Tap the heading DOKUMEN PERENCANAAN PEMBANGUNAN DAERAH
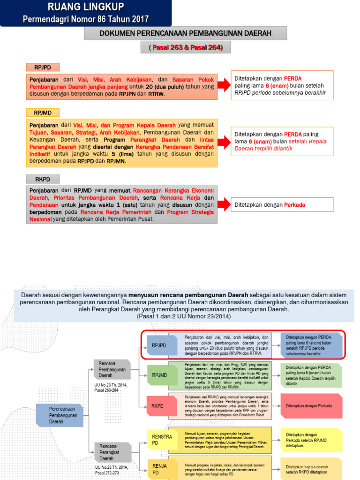pyautogui.click(x=185, y=33)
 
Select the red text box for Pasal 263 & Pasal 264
pyautogui.click(x=185, y=48)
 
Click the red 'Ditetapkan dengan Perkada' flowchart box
pyautogui.click(x=310, y=405)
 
